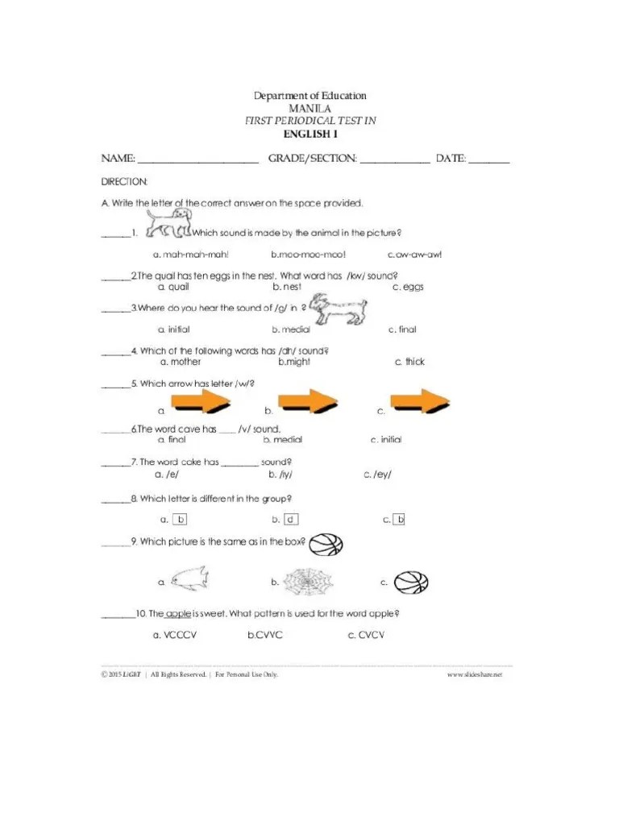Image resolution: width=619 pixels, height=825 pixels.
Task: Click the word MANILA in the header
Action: (310, 108)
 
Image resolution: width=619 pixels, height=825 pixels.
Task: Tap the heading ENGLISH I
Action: (310, 134)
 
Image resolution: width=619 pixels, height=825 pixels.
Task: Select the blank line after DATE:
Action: (489, 160)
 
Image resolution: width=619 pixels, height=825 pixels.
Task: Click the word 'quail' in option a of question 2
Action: (178, 287)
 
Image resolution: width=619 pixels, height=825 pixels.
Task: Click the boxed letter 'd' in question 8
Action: (291, 520)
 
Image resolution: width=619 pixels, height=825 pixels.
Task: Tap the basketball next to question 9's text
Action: (326, 545)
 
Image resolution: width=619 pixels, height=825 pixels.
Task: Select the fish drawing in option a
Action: (189, 578)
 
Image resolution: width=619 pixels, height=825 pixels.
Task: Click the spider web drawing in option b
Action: (308, 580)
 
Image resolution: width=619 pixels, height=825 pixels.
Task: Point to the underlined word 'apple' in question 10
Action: (177, 614)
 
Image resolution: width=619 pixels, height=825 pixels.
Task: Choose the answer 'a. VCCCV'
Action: (175, 636)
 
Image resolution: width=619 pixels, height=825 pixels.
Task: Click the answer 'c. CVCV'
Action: (366, 636)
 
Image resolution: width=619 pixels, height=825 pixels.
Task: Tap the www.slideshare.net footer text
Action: (474, 674)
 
